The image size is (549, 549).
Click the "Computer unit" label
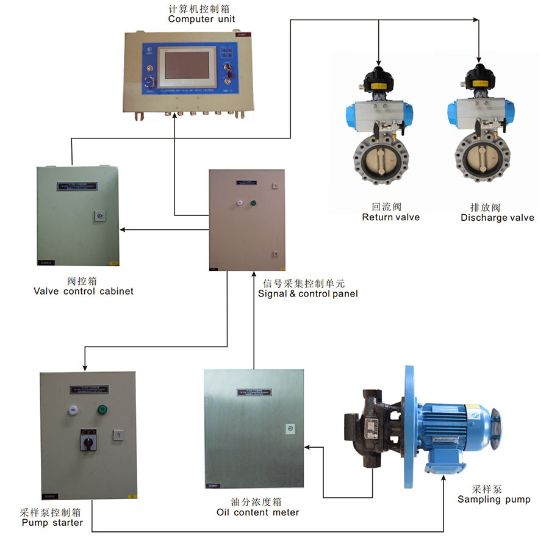201,19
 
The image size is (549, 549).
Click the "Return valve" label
390,217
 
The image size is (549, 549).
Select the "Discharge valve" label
497,218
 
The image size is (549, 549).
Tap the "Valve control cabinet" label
83,291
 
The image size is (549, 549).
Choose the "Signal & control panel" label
307,293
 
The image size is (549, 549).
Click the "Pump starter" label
52,522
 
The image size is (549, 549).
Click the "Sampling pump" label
494,499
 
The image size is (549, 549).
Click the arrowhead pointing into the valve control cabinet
122,230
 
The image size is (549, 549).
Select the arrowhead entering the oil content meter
307,447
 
